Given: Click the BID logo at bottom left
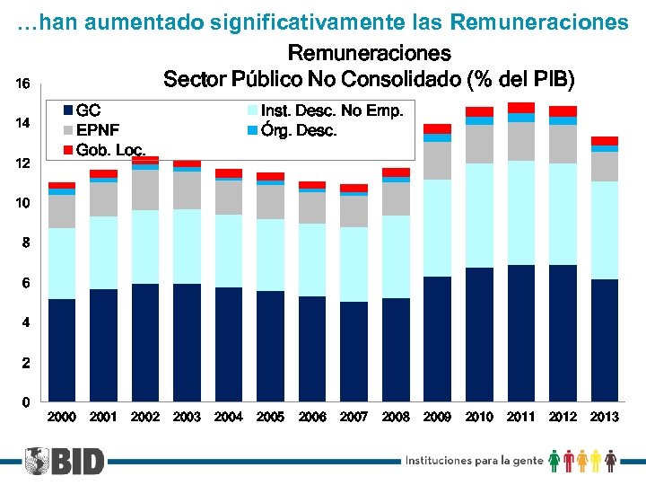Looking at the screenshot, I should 64,461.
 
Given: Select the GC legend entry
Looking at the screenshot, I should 82,111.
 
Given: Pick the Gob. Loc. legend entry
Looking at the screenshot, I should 103,149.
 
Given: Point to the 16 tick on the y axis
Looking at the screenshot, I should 23,84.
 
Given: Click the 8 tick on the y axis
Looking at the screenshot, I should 26,242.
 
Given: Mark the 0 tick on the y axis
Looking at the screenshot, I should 26,401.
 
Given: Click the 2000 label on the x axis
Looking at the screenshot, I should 62,417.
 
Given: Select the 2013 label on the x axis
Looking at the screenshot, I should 605,417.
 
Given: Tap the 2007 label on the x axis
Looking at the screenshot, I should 354,417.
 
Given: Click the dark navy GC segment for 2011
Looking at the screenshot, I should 521,332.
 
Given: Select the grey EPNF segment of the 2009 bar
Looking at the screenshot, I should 438,161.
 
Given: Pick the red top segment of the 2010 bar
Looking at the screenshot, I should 479,111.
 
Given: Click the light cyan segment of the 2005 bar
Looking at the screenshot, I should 271,255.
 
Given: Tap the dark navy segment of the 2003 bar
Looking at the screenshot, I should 188,342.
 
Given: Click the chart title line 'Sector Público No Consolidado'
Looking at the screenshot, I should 369,79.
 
